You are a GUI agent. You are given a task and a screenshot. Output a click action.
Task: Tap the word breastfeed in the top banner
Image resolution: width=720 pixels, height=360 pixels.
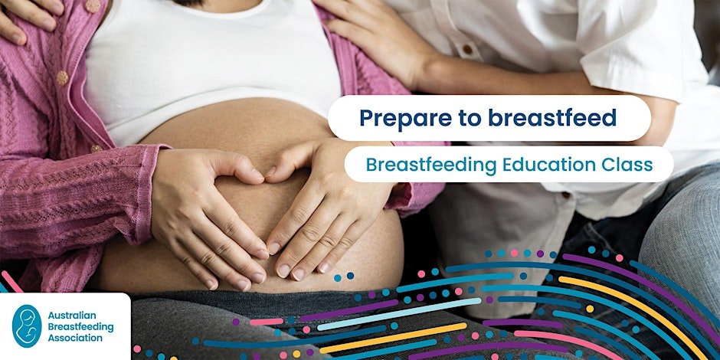(552, 117)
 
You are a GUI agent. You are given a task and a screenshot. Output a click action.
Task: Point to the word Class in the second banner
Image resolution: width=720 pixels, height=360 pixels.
(623, 165)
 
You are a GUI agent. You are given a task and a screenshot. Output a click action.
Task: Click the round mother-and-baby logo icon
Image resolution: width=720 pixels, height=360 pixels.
(27, 326)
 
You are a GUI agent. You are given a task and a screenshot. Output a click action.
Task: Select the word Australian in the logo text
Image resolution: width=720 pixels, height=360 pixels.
(72, 316)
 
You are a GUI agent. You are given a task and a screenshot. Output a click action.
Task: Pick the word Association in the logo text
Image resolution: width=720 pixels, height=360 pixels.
(75, 339)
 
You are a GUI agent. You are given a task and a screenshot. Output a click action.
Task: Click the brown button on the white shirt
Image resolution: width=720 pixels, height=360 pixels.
(467, 49)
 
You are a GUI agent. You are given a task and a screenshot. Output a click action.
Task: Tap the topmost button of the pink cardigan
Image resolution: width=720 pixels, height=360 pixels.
(92, 5)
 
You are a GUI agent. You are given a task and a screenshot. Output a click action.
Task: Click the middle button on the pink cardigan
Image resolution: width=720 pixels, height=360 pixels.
(63, 78)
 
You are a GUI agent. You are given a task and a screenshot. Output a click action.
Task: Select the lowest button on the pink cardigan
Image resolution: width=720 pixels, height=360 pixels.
(96, 149)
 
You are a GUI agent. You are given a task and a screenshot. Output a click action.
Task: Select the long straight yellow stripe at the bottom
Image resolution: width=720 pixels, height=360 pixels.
(393, 338)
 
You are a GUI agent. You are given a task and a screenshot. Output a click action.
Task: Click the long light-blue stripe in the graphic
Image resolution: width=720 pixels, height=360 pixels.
(399, 314)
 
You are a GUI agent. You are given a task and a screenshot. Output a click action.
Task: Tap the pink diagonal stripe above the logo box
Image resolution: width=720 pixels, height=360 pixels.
(11, 281)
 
